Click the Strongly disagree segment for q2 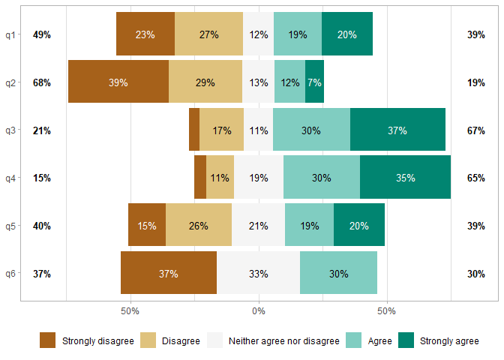click(118, 82)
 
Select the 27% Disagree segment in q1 click(208, 34)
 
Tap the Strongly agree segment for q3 click(397, 130)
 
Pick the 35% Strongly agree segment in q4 click(405, 178)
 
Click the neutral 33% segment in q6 click(259, 274)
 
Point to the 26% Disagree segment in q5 click(199, 226)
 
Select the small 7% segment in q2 click(314, 82)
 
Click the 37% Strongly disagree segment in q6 click(169, 274)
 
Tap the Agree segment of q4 click(322, 178)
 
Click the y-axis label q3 click(10, 130)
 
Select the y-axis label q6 click(10, 274)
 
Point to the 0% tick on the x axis click(259, 310)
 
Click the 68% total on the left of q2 click(42, 82)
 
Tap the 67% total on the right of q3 click(475, 130)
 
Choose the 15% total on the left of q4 click(42, 178)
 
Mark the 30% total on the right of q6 click(475, 274)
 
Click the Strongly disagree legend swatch click(48, 341)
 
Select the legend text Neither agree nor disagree click(283, 341)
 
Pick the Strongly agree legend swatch click(406, 341)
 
